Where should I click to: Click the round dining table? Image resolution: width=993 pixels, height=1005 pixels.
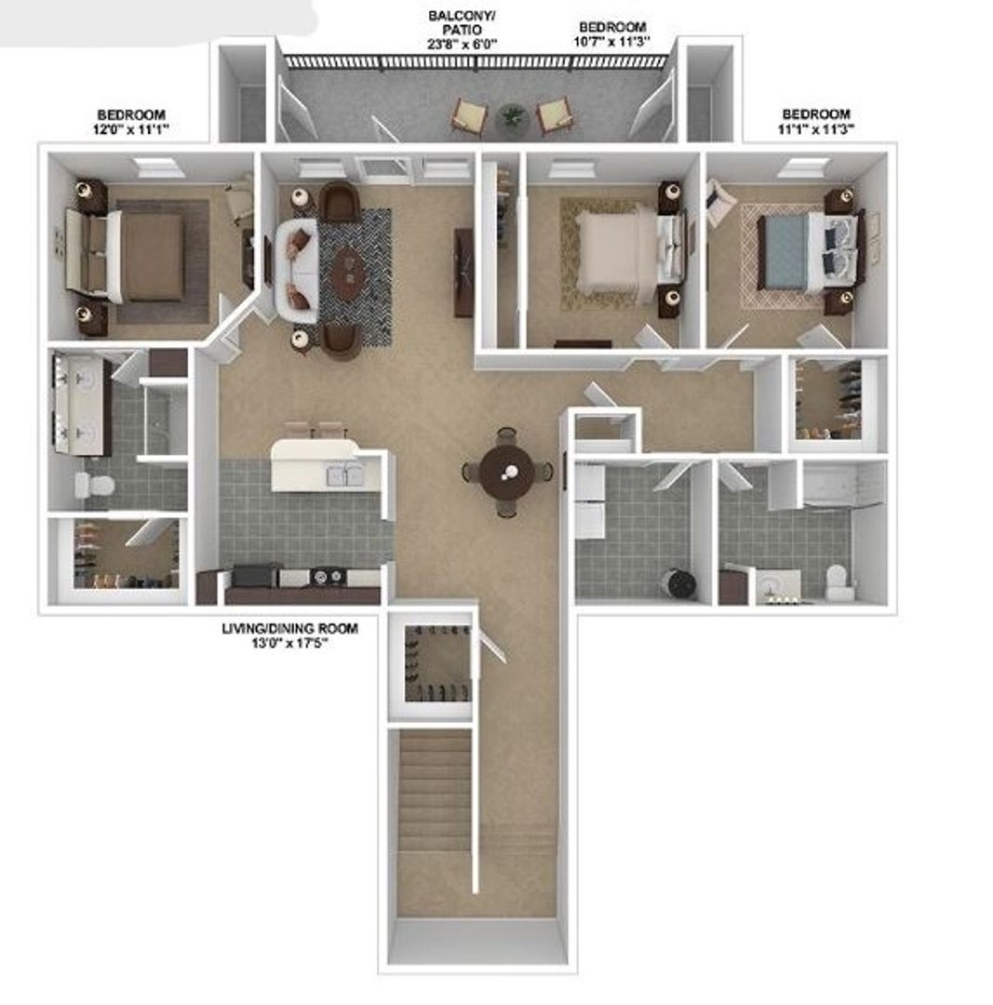[507, 472]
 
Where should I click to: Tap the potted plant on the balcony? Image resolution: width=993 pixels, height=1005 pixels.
[511, 115]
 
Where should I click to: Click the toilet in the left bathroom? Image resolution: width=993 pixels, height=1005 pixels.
[94, 485]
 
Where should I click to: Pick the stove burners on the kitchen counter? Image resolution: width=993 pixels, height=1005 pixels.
[327, 576]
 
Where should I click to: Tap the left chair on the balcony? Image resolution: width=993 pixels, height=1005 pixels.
[467, 115]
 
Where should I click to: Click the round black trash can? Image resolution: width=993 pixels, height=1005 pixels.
[681, 583]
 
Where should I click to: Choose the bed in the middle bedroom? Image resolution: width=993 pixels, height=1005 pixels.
[619, 250]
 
